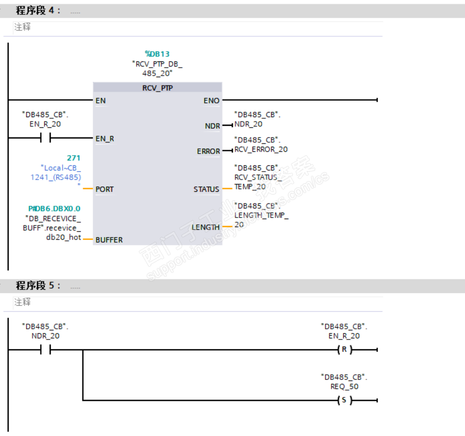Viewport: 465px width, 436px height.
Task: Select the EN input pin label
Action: (100, 100)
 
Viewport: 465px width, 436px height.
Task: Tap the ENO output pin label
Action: (211, 100)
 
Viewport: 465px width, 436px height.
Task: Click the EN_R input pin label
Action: (105, 139)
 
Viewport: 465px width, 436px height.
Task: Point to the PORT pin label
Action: (105, 189)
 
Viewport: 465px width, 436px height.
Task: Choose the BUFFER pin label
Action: (109, 240)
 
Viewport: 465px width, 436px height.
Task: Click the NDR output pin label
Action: (212, 126)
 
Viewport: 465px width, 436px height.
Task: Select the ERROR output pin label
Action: (208, 151)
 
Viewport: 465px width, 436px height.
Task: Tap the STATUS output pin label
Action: (206, 189)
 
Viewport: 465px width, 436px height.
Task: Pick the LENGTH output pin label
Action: (206, 228)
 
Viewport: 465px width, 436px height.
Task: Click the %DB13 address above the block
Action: (157, 54)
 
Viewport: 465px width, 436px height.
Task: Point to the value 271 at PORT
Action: (74, 158)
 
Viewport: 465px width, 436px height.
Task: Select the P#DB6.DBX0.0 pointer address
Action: (54, 208)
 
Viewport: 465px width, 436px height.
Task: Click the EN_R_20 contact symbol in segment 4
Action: (45, 139)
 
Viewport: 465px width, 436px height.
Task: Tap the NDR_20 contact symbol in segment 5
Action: (45, 350)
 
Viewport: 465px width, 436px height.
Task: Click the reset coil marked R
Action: (344, 350)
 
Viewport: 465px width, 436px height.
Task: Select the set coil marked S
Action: (344, 400)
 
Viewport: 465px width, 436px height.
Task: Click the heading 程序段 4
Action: (38, 10)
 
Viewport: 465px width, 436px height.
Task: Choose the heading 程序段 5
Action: (38, 286)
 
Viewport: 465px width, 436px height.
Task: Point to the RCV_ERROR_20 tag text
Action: (261, 149)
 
